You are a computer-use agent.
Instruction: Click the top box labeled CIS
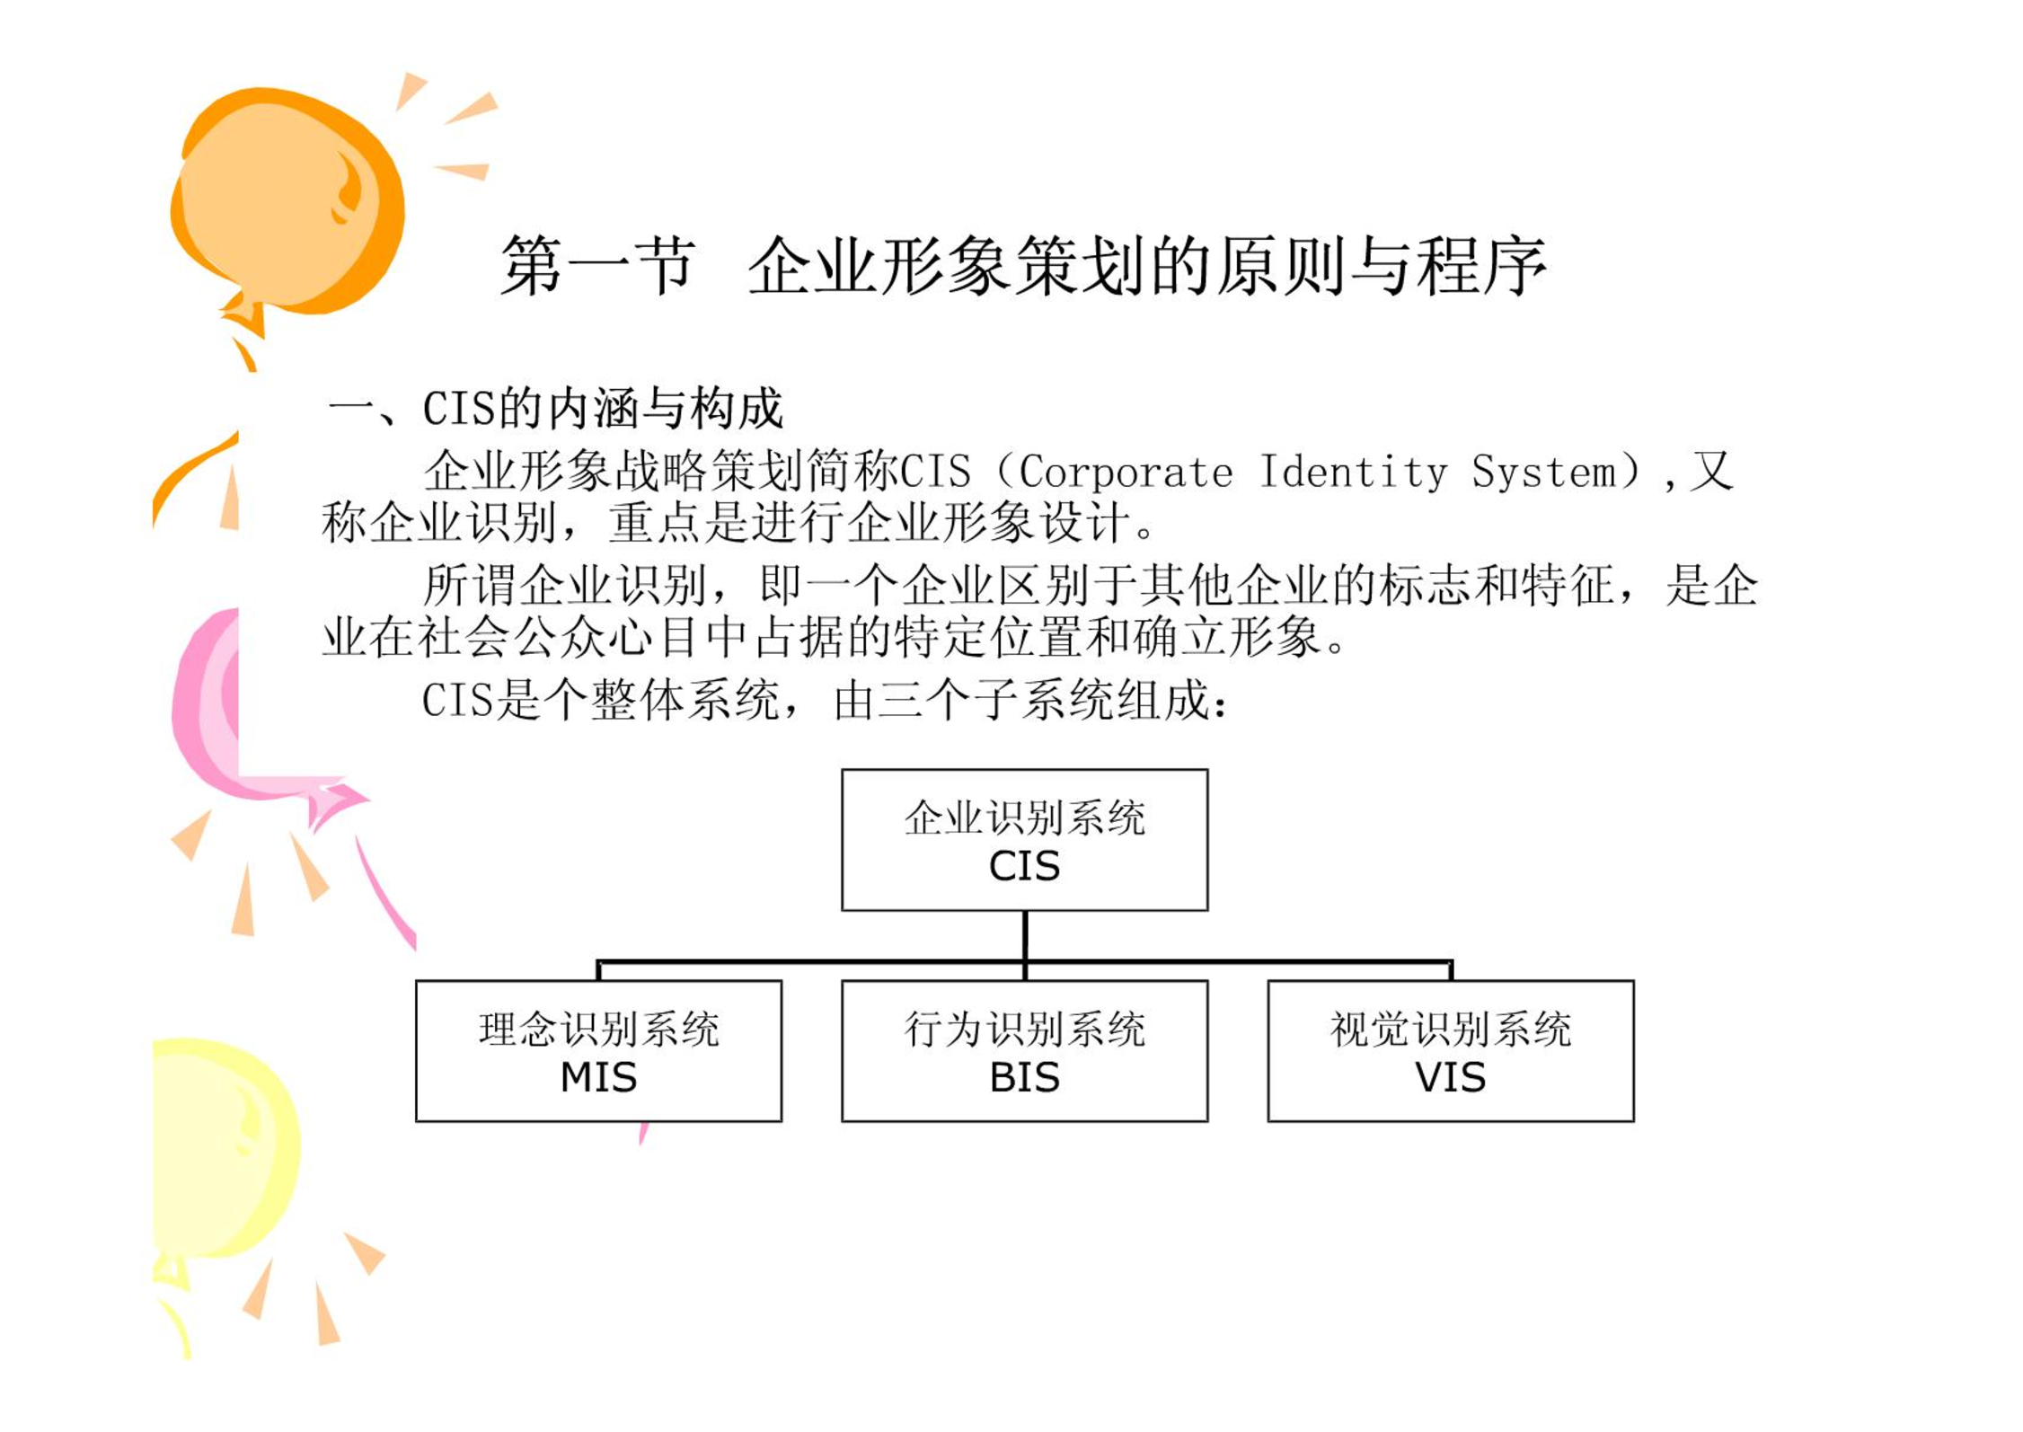click(1024, 839)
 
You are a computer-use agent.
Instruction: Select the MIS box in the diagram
click(598, 1050)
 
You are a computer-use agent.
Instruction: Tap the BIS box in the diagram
click(1024, 1050)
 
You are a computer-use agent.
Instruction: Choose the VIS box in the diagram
click(1450, 1050)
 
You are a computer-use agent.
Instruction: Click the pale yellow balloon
click(225, 1150)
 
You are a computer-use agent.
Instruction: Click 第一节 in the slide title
click(598, 267)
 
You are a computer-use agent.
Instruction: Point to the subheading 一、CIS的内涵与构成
click(555, 409)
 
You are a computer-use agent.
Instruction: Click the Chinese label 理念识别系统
click(598, 1029)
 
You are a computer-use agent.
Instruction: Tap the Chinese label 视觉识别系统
click(1450, 1029)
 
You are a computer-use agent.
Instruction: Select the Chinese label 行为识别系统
click(1024, 1029)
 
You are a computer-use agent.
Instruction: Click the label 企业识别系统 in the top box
click(1024, 818)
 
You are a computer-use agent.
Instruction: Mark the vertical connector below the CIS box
click(1025, 936)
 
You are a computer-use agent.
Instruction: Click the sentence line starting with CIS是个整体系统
click(825, 701)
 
